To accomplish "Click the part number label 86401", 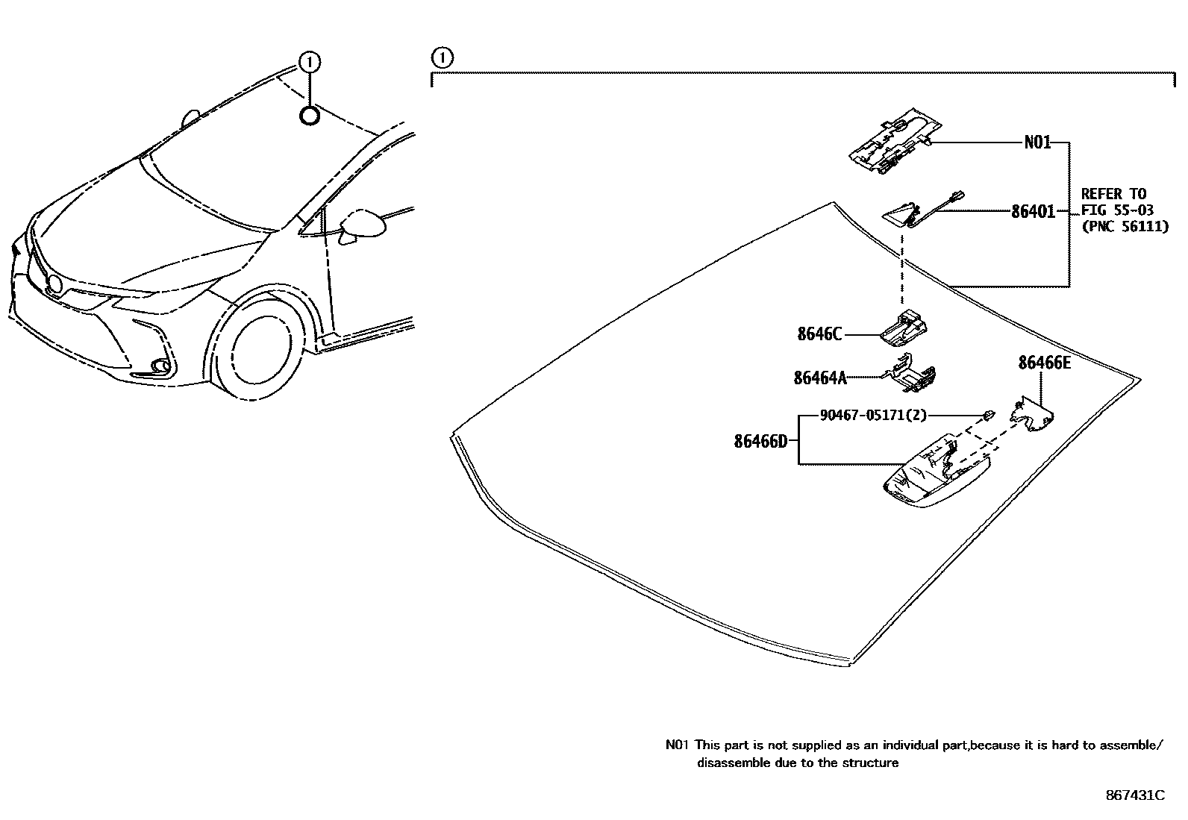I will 1033,212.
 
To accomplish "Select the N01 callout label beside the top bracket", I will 1037,142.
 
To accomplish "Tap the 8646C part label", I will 819,334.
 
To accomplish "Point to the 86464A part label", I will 820,378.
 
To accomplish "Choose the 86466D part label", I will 760,441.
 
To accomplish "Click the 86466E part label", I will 1045,363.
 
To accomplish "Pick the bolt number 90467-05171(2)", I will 873,416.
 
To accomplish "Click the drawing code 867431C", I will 1135,795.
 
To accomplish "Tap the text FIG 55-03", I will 1116,210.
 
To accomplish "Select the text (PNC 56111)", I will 1124,227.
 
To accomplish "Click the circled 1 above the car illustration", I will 310,62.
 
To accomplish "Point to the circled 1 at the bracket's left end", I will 443,57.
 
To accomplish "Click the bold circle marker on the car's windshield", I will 310,116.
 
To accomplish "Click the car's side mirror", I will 362,223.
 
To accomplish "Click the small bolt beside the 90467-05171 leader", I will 987,414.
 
